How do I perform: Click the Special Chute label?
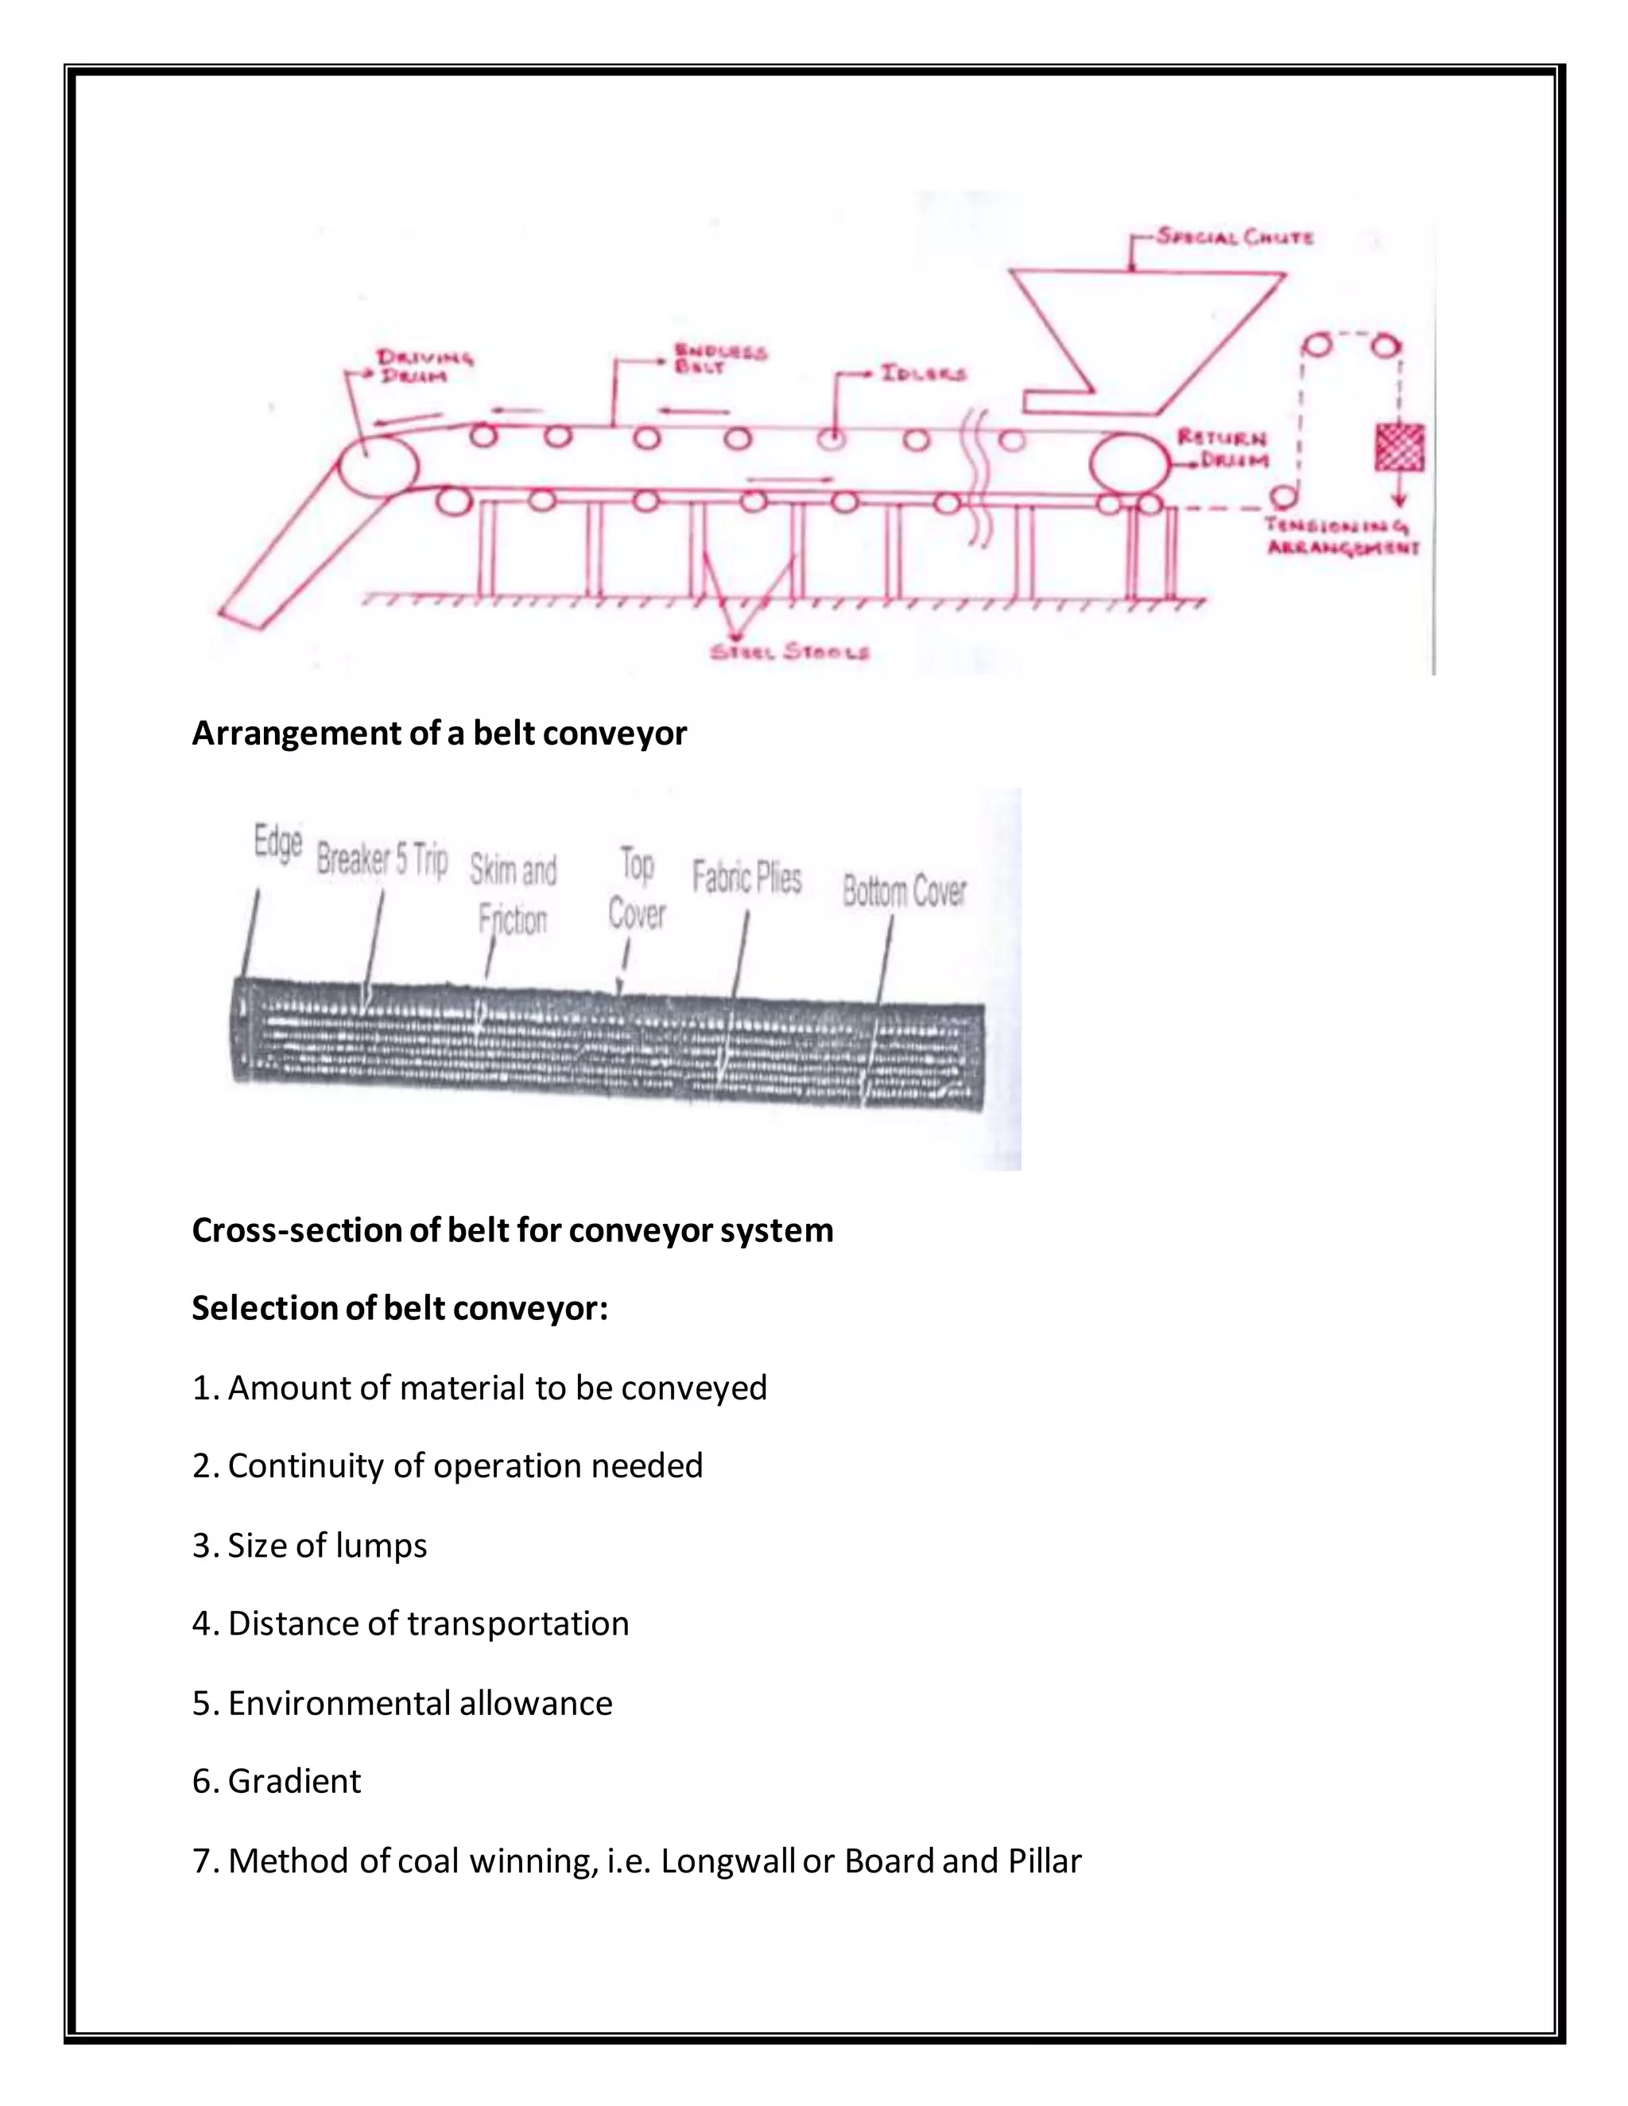click(x=1235, y=236)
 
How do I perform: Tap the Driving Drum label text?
click(x=424, y=366)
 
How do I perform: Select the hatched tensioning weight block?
click(x=1398, y=447)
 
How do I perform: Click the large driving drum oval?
click(x=378, y=466)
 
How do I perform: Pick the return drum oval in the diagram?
click(x=1129, y=464)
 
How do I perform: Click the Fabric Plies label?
click(x=746, y=877)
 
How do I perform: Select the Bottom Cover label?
click(x=904, y=891)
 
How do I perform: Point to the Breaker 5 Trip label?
click(x=382, y=858)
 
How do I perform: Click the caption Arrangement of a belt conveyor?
click(x=439, y=734)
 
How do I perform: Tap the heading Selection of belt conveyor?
click(x=399, y=1309)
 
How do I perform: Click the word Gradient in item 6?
click(x=294, y=1781)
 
